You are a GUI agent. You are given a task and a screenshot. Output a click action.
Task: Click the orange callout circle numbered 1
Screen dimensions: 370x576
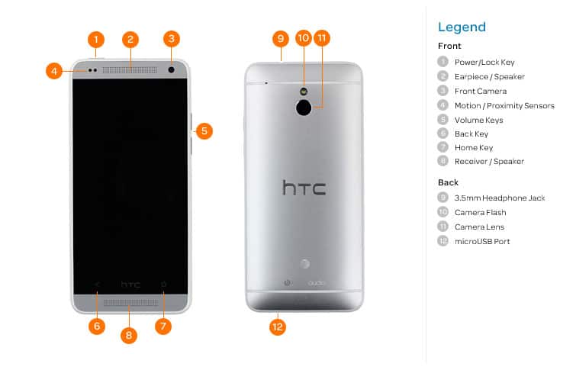click(95, 39)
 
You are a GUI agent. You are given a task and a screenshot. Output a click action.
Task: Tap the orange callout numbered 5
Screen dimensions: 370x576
click(203, 130)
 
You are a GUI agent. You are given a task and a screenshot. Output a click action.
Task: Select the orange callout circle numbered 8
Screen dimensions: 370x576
click(129, 334)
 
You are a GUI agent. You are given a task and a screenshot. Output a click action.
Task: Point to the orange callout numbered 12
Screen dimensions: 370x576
click(278, 327)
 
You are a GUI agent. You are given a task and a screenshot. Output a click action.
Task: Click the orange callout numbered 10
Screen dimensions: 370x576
click(303, 38)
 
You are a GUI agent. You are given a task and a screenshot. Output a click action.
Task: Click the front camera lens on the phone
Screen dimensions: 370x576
click(171, 69)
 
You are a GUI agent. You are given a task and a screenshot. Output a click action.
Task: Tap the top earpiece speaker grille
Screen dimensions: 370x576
click(130, 69)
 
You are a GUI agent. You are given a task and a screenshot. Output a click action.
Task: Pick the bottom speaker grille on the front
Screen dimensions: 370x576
click(130, 303)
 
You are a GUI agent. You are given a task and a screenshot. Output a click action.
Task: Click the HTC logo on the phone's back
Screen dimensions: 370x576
click(304, 188)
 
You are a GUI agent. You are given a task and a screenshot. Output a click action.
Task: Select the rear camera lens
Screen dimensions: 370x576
click(304, 108)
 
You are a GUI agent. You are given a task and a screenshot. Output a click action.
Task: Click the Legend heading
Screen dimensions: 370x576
click(462, 27)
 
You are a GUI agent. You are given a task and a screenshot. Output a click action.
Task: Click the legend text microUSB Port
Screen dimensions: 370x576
click(482, 241)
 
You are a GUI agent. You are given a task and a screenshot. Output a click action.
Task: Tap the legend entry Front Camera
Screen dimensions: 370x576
click(480, 91)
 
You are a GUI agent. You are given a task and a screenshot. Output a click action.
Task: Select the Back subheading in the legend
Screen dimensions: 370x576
click(448, 182)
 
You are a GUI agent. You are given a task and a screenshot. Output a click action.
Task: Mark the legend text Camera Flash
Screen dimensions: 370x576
click(480, 212)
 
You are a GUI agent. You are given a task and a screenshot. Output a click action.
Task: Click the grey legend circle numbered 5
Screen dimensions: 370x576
click(442, 119)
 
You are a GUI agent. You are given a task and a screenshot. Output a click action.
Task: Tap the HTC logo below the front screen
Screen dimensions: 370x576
click(130, 285)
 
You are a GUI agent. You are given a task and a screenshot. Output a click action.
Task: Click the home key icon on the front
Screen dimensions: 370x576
click(163, 285)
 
